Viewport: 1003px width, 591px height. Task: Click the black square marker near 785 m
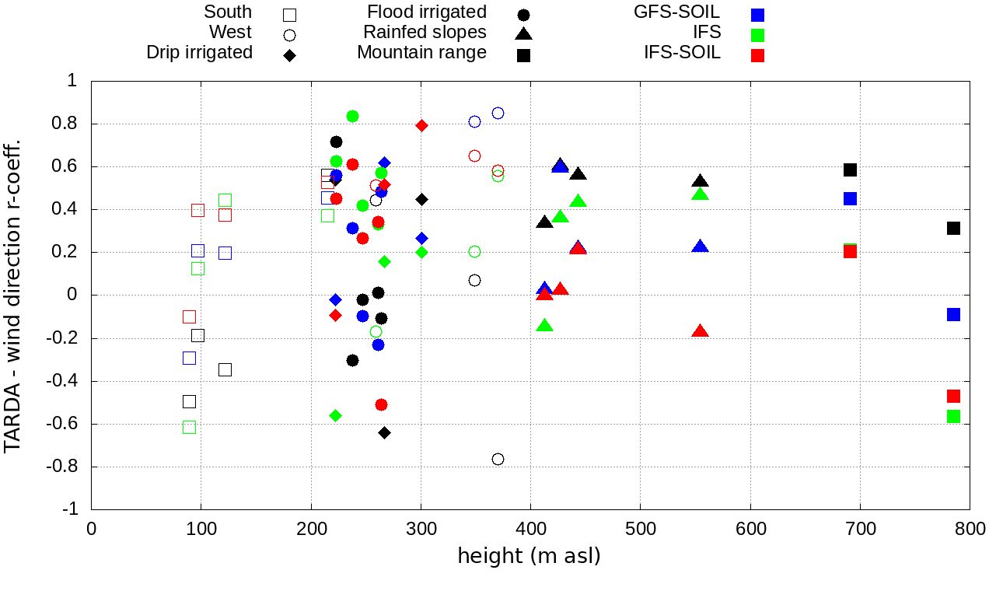(953, 228)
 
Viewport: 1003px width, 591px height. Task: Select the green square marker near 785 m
(953, 416)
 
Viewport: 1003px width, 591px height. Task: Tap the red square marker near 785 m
(953, 396)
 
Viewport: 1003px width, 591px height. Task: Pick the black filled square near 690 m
(850, 170)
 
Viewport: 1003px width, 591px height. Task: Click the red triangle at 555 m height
(700, 331)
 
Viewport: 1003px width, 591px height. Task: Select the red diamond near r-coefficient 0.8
(421, 125)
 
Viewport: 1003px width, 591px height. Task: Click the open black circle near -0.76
(498, 459)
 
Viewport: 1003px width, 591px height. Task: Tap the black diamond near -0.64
(384, 432)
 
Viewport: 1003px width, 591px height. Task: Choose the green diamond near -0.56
(335, 415)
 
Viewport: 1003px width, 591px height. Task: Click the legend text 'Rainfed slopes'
(425, 33)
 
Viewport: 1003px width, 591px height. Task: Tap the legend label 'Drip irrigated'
(199, 53)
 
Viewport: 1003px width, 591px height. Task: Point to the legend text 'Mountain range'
(421, 53)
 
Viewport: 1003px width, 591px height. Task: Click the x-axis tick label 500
(640, 529)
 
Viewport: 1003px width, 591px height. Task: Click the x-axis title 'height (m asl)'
(529, 557)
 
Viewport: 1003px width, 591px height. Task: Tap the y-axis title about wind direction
(14, 295)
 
